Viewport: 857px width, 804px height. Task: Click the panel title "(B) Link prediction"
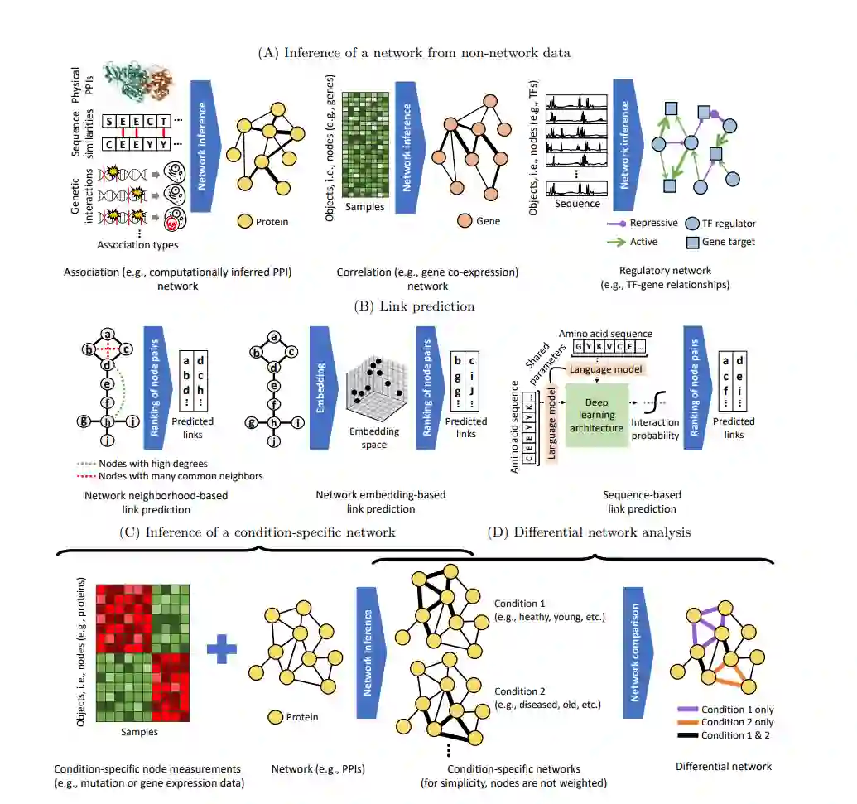(x=414, y=306)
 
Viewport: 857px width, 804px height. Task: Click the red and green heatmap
(x=144, y=652)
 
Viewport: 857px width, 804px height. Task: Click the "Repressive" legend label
(x=654, y=223)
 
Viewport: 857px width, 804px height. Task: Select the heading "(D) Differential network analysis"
(x=602, y=532)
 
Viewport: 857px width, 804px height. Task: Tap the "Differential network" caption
(x=724, y=766)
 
